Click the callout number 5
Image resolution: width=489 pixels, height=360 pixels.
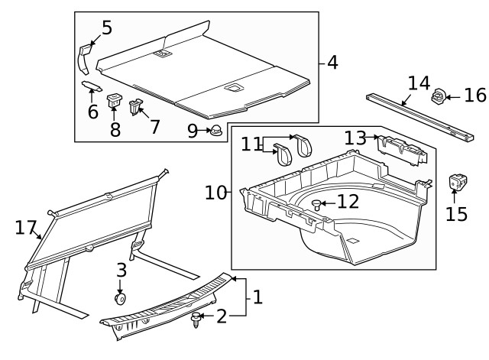point(106,28)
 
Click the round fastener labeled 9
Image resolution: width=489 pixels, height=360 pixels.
point(216,130)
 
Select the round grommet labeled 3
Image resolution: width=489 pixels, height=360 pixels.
point(120,297)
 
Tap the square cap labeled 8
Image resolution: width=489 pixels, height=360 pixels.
point(115,99)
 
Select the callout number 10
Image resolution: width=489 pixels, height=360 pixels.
point(215,192)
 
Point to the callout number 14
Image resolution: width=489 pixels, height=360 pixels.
point(419,83)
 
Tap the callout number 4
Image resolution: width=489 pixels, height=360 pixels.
point(332,63)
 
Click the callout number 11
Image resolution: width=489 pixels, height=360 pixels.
point(251,144)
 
